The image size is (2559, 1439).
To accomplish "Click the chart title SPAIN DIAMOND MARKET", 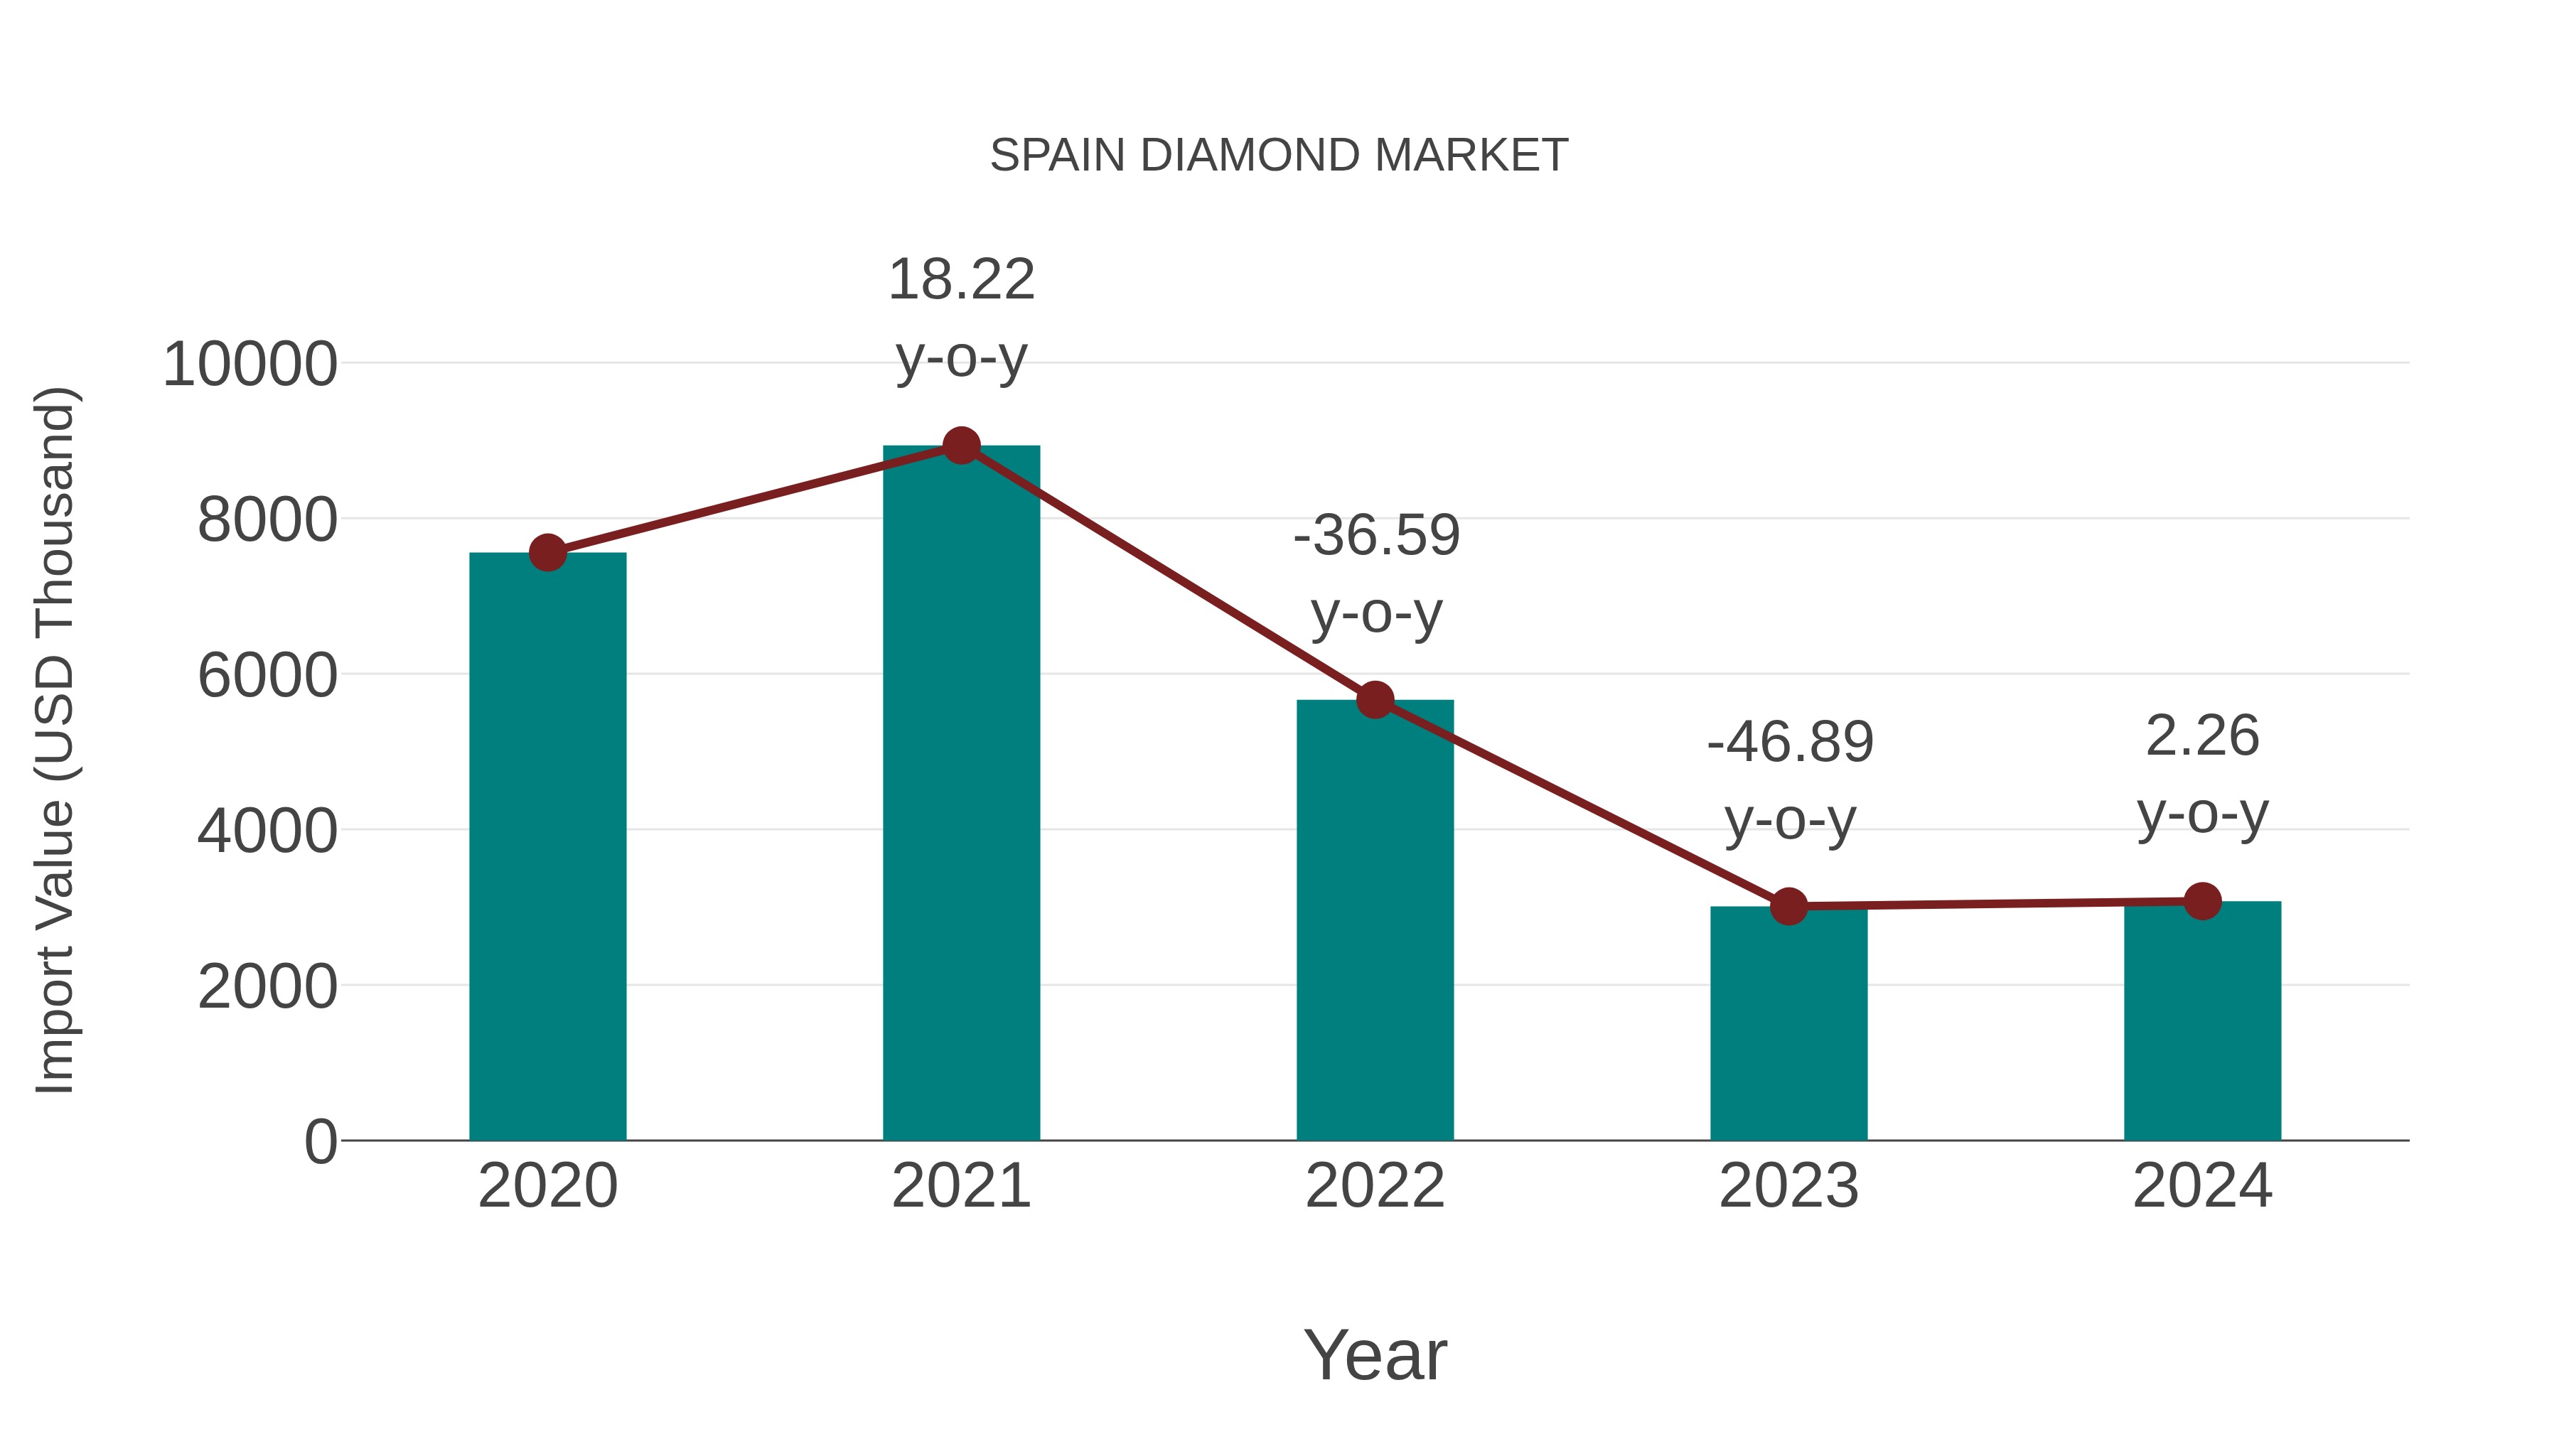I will (x=1279, y=156).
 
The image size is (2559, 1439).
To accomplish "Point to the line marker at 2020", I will (x=547, y=553).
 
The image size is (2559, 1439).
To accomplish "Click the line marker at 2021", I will (x=960, y=446).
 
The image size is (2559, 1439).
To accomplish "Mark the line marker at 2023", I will (x=1788, y=906).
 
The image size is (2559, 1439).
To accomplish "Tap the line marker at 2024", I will (x=2202, y=901).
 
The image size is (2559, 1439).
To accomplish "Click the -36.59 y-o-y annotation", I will (x=1376, y=574).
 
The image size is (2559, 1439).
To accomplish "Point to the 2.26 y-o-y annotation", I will (x=2202, y=775).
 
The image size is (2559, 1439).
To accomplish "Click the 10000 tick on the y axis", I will (x=250, y=365).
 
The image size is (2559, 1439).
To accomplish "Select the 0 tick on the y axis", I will (x=320, y=1142).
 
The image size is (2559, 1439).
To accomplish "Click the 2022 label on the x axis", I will (x=1375, y=1186).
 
